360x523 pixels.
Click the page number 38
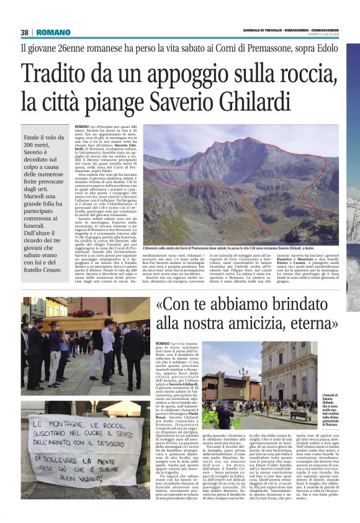click(x=25, y=32)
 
